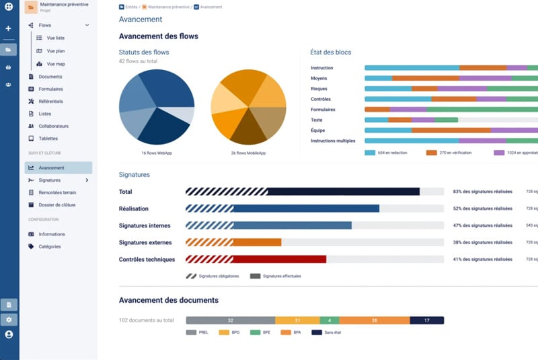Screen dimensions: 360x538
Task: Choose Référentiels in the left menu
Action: pos(50,101)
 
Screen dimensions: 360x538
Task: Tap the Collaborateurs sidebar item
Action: pos(53,126)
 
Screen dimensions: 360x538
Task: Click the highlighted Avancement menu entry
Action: pos(51,168)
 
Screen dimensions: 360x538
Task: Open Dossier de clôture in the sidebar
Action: pos(56,205)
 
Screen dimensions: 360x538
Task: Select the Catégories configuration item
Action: pos(49,246)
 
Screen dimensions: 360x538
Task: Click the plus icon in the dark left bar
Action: pos(9,29)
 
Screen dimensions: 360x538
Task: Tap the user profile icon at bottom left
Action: pos(9,334)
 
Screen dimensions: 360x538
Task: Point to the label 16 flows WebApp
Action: pos(157,153)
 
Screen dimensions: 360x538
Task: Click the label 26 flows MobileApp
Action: pos(248,153)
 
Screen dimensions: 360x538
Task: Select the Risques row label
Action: pos(319,88)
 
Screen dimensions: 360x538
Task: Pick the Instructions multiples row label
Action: pos(333,141)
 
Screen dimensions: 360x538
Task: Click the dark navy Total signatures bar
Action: pos(343,192)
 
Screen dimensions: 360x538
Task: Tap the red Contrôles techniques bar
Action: pos(279,259)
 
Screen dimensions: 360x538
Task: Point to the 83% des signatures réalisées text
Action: pos(482,192)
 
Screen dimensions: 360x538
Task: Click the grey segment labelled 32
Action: pos(230,320)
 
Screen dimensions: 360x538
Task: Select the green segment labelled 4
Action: pos(330,320)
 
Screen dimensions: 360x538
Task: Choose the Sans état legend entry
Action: pos(330,332)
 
